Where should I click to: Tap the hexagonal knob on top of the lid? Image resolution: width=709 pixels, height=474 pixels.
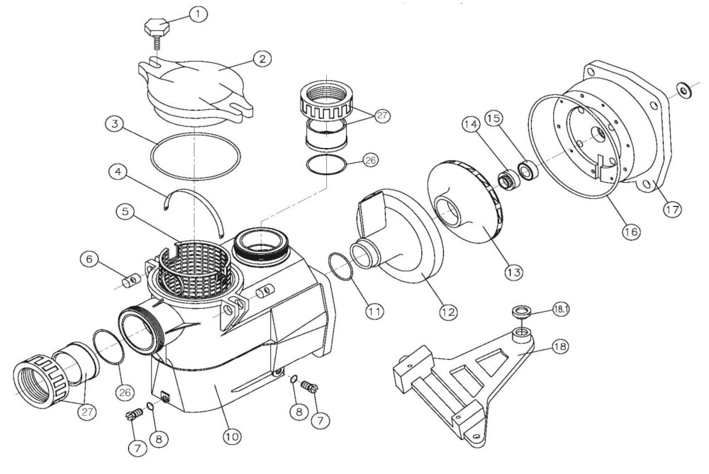click(x=157, y=29)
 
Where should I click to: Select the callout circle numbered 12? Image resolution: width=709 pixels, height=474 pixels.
click(x=448, y=310)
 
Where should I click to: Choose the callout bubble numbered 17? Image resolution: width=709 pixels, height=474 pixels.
click(x=672, y=210)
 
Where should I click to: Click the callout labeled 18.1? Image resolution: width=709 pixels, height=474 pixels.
click(x=561, y=309)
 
